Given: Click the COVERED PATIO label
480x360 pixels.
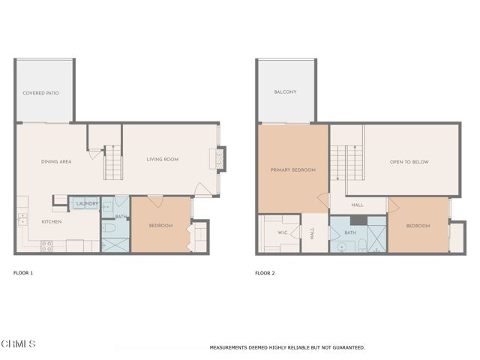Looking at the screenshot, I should [40, 93].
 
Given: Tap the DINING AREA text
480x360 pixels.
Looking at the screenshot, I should [55, 161].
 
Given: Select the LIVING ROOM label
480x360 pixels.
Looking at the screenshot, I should [161, 159].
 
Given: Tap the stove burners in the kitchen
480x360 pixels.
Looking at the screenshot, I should [46, 244].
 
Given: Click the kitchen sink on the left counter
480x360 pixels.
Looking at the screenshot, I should [22, 220].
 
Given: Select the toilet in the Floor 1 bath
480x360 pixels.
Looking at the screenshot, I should [107, 229].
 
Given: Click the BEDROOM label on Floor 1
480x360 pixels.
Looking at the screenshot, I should [160, 226].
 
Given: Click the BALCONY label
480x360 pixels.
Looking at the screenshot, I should [285, 92].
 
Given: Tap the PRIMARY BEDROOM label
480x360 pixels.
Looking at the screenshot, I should [292, 170].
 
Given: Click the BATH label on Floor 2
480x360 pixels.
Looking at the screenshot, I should [350, 233].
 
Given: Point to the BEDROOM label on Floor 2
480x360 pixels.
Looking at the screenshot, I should [418, 226].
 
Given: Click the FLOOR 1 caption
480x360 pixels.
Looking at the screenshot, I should [23, 273].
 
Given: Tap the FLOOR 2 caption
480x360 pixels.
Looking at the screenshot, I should [264, 273].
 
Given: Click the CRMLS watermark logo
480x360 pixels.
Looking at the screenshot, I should [19, 344].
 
